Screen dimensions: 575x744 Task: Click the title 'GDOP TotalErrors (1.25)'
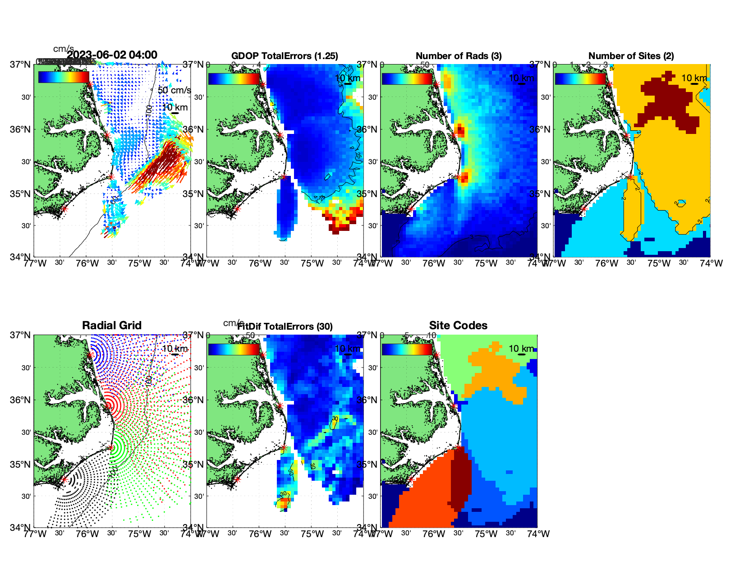click(285, 56)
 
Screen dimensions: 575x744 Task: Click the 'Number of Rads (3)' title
click(459, 56)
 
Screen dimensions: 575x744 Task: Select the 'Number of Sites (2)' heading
click(631, 56)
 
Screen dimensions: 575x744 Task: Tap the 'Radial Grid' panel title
click(112, 326)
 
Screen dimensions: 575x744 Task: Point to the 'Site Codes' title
click(458, 326)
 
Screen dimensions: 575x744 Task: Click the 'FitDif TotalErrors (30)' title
click(285, 327)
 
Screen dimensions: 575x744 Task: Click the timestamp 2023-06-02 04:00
click(112, 55)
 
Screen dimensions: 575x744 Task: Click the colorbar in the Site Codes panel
click(407, 350)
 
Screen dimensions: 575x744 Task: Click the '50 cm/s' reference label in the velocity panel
click(175, 90)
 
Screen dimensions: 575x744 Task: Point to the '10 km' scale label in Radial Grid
click(175, 349)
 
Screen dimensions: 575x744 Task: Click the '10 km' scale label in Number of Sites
click(694, 78)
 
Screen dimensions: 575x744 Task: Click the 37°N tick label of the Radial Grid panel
click(21, 335)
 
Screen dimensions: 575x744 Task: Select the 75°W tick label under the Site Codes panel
click(486, 534)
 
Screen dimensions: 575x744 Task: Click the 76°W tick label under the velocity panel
click(87, 263)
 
